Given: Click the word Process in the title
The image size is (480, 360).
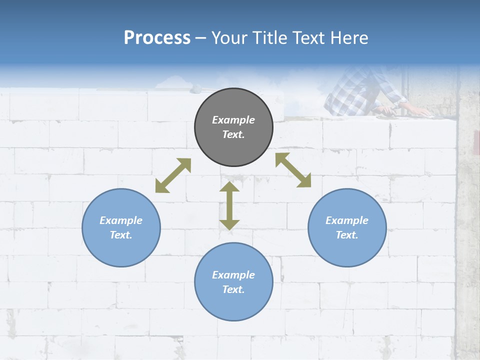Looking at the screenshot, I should tap(157, 38).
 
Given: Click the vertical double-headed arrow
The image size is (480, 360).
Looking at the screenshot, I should tap(229, 205).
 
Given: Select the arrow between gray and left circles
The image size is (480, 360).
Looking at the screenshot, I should tap(173, 175).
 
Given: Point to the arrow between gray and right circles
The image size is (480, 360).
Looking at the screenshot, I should tap(293, 170).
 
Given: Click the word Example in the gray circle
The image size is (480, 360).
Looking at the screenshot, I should tap(233, 120).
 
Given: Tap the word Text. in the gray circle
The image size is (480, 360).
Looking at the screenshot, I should tap(233, 134).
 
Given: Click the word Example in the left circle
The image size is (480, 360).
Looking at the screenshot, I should tap(121, 220).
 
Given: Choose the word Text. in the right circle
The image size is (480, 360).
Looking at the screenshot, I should tap(347, 235).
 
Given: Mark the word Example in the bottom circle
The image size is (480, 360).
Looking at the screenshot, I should tap(233, 275).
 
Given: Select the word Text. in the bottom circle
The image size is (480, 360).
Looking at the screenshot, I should tap(233, 289).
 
